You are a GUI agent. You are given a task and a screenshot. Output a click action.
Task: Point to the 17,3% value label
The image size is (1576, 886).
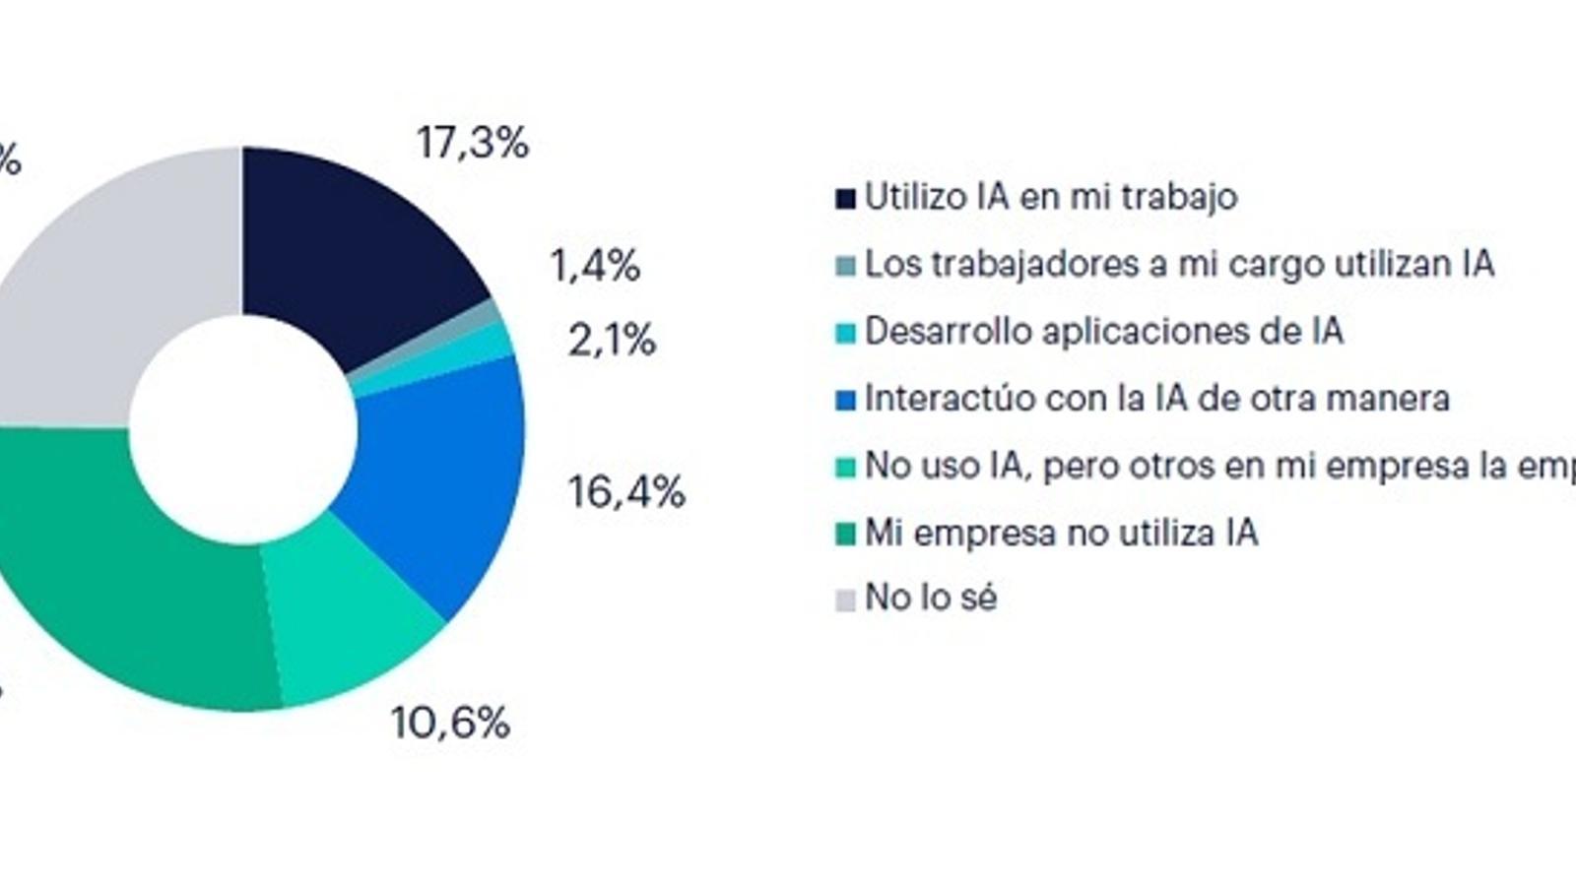pos(473,144)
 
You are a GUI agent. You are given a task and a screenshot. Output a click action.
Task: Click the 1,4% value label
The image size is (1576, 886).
pos(595,266)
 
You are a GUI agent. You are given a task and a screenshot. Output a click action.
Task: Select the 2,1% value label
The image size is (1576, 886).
pos(612,341)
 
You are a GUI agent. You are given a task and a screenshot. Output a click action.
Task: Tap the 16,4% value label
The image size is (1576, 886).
pos(626,491)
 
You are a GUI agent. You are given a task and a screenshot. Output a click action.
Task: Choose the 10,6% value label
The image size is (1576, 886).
pos(450,724)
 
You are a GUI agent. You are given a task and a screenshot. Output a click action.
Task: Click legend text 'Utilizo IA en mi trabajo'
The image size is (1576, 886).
pos(1051,197)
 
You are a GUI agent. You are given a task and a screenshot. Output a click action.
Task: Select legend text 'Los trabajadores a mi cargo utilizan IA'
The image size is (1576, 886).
pos(1179,264)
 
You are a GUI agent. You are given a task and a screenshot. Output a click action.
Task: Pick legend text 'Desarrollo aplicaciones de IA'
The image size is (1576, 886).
pos(1103,331)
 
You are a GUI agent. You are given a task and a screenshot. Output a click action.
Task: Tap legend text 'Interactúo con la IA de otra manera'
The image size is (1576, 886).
pos(1156,398)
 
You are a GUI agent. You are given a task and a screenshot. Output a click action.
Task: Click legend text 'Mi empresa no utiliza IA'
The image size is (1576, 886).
pos(1061,533)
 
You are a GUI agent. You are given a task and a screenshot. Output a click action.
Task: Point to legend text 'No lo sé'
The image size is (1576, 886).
pos(931,598)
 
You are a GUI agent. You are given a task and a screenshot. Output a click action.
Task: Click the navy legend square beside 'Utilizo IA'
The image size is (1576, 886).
pos(845,199)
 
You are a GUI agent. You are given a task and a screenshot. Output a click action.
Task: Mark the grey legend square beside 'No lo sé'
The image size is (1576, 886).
pos(845,600)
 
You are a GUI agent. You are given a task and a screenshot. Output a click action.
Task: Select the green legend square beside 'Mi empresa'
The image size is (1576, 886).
pos(845,535)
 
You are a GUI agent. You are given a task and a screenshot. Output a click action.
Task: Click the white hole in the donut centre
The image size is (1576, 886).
pos(242,427)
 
